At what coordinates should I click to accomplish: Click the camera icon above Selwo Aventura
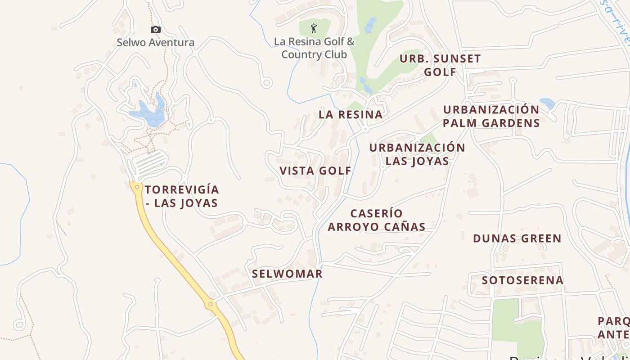tap(156, 30)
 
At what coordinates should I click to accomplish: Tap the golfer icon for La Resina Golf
tap(314, 29)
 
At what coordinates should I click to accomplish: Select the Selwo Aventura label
tap(156, 43)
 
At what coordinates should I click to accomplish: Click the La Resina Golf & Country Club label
tap(314, 48)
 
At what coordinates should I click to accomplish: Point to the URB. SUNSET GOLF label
tap(440, 65)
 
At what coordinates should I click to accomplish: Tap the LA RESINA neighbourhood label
tap(351, 114)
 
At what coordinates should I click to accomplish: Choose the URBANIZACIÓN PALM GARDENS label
tap(491, 116)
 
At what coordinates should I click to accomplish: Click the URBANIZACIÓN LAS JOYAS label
tap(417, 154)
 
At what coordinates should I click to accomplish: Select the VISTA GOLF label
tap(315, 171)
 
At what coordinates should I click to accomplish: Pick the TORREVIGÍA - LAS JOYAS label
tap(182, 196)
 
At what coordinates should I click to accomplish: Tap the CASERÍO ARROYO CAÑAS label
tap(377, 220)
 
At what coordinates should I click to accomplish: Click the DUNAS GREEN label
tap(517, 238)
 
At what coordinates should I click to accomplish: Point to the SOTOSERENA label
tap(522, 280)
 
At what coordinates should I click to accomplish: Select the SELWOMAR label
tap(287, 274)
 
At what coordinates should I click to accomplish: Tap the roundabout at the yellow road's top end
tap(136, 186)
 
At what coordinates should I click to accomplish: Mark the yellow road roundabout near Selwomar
tap(210, 305)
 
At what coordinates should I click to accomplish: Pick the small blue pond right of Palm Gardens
tap(547, 103)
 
